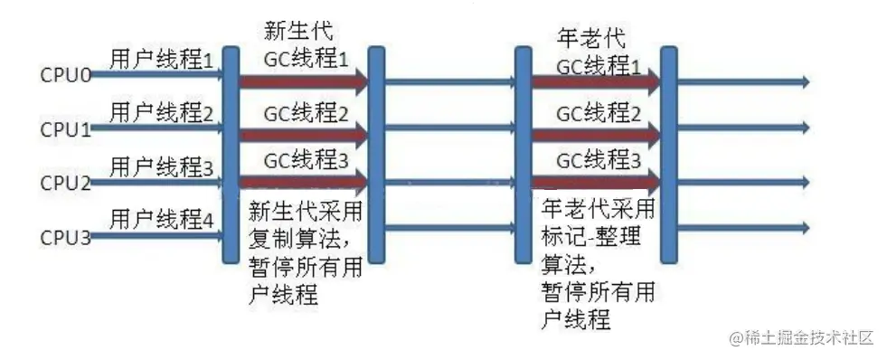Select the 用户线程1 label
[x=161, y=62]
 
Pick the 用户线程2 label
[x=161, y=114]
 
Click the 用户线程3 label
[x=161, y=167]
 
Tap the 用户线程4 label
[x=161, y=220]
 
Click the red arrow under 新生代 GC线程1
[x=303, y=82]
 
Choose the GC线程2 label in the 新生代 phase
[x=306, y=114]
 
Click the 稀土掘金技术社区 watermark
[x=801, y=338]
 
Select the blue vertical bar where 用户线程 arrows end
[x=230, y=154]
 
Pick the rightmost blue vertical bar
[x=669, y=154]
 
